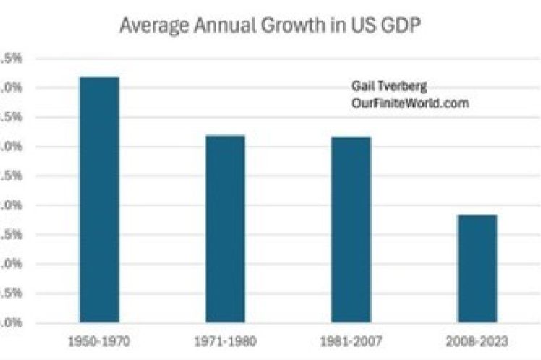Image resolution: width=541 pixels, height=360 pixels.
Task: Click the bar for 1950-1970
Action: [x=99, y=200]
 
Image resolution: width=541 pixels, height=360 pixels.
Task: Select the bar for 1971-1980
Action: [x=225, y=228]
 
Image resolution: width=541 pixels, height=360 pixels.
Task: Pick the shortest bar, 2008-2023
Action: [x=477, y=268]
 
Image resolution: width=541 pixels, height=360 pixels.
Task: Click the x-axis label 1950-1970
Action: [x=99, y=340]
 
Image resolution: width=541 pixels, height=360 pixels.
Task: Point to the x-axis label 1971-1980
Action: [x=225, y=340]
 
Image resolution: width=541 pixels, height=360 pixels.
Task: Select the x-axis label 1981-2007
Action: [x=351, y=340]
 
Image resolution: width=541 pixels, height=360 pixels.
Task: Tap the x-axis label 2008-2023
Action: [x=477, y=340]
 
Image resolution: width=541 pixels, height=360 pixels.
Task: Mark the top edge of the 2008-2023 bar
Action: [x=477, y=215]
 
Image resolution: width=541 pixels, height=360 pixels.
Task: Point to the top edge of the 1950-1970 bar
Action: [x=99, y=77]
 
